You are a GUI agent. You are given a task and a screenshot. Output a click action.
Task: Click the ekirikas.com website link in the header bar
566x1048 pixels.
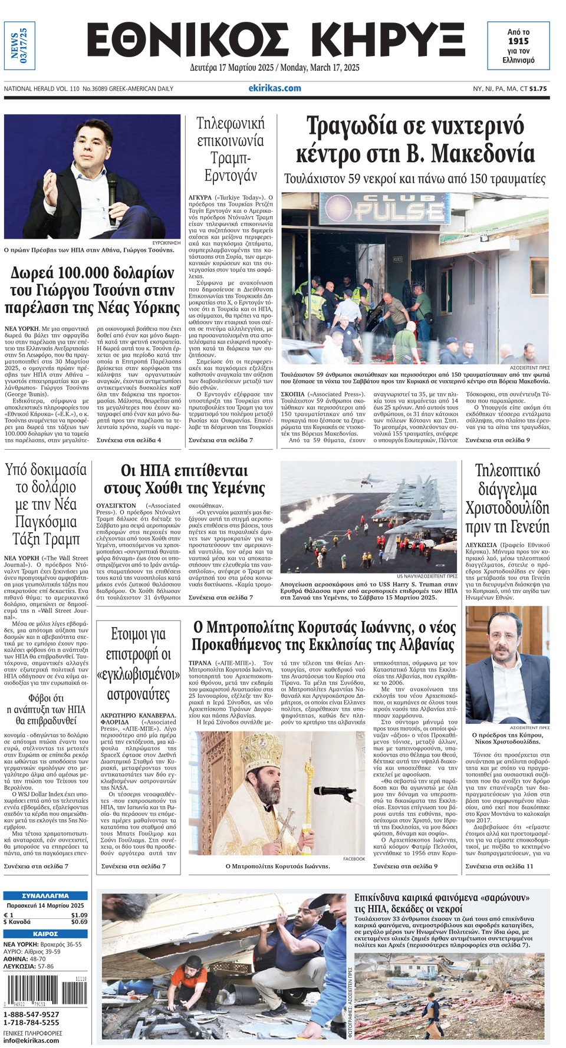[274, 88]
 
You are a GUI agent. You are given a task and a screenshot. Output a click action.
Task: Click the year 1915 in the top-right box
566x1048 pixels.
[518, 41]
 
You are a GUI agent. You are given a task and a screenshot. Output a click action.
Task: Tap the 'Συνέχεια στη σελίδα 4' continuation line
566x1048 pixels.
[129, 440]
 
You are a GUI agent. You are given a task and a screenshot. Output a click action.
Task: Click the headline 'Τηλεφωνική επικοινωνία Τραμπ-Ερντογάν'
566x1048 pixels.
[230, 149]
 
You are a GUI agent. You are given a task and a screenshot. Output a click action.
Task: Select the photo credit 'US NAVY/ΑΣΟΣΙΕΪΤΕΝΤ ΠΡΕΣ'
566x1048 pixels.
[427, 576]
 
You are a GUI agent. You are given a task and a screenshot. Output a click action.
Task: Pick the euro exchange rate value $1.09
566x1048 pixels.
[79, 915]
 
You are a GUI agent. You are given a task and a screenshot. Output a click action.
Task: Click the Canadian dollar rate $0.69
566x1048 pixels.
[79, 922]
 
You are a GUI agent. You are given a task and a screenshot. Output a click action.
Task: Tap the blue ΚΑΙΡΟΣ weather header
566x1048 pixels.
[45, 934]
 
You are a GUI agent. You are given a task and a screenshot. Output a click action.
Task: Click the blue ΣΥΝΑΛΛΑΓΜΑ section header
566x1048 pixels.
[45, 896]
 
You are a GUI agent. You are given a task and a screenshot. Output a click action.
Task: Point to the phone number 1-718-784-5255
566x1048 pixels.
[31, 1023]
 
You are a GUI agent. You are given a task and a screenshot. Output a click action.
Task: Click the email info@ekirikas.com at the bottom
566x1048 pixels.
[31, 1040]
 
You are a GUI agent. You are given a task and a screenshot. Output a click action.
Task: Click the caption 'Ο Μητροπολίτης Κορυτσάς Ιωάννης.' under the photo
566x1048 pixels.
[278, 866]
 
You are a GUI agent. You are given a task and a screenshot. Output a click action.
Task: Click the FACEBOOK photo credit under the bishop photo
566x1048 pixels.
[354, 859]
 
